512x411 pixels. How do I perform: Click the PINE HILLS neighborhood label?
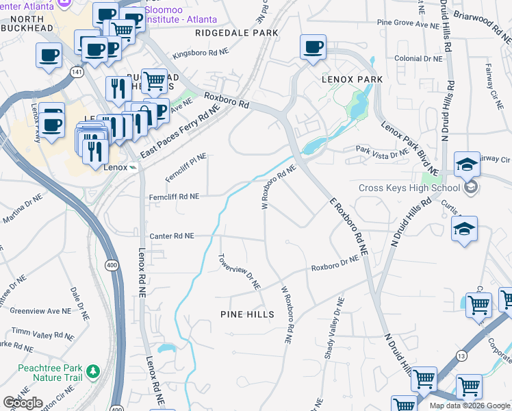pos(247,314)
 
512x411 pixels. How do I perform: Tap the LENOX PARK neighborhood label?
pos(352,79)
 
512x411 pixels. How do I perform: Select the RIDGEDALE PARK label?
pos(237,32)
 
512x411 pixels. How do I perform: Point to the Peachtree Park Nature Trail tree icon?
pos(92,373)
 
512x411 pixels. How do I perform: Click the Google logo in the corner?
pos(23,403)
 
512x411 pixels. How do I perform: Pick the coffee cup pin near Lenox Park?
pos(313,48)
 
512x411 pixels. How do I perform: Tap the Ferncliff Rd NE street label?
pos(174,197)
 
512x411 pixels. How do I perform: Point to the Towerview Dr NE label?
pos(240,271)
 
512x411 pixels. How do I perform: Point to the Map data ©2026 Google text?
pos(470,406)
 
